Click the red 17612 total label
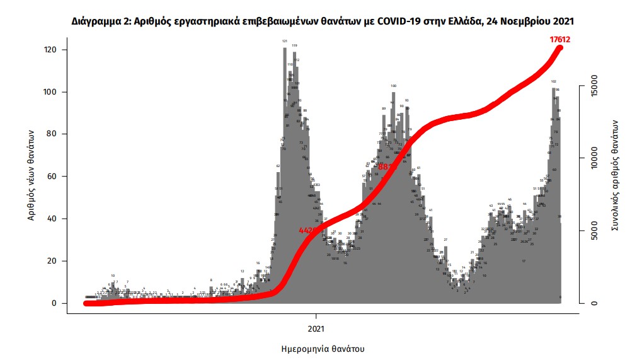click(x=559, y=39)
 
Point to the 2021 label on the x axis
click(x=316, y=328)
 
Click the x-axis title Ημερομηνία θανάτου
click(x=322, y=349)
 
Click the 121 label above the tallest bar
click(x=285, y=42)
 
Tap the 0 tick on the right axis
click(x=593, y=303)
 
